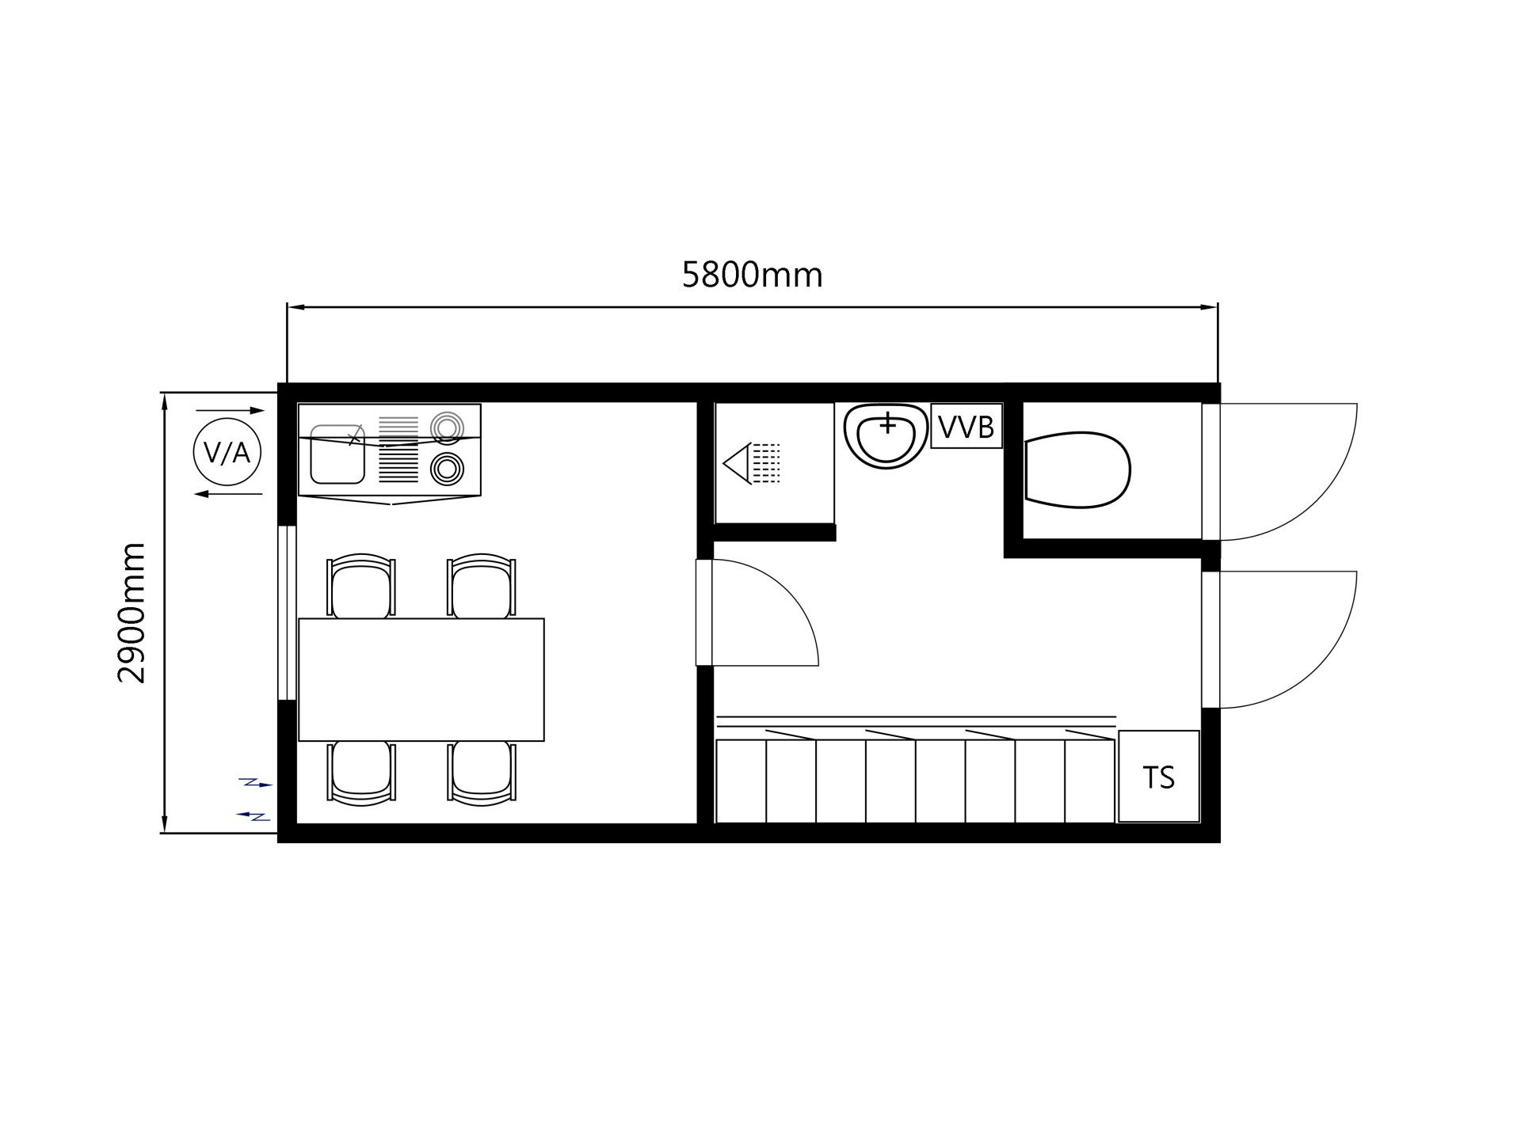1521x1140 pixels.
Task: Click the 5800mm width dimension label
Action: point(752,275)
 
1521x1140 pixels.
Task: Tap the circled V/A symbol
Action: point(227,452)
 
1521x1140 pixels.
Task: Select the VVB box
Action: point(966,427)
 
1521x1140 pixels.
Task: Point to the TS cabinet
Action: point(1158,777)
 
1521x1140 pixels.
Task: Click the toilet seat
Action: point(1077,470)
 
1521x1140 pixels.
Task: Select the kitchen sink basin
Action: point(337,454)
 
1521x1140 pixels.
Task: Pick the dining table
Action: point(421,679)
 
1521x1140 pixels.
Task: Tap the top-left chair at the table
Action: point(361,586)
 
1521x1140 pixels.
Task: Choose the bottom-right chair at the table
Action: point(482,773)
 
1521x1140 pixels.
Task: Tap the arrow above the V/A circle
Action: point(230,411)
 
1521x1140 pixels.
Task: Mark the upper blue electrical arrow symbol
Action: point(256,784)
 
